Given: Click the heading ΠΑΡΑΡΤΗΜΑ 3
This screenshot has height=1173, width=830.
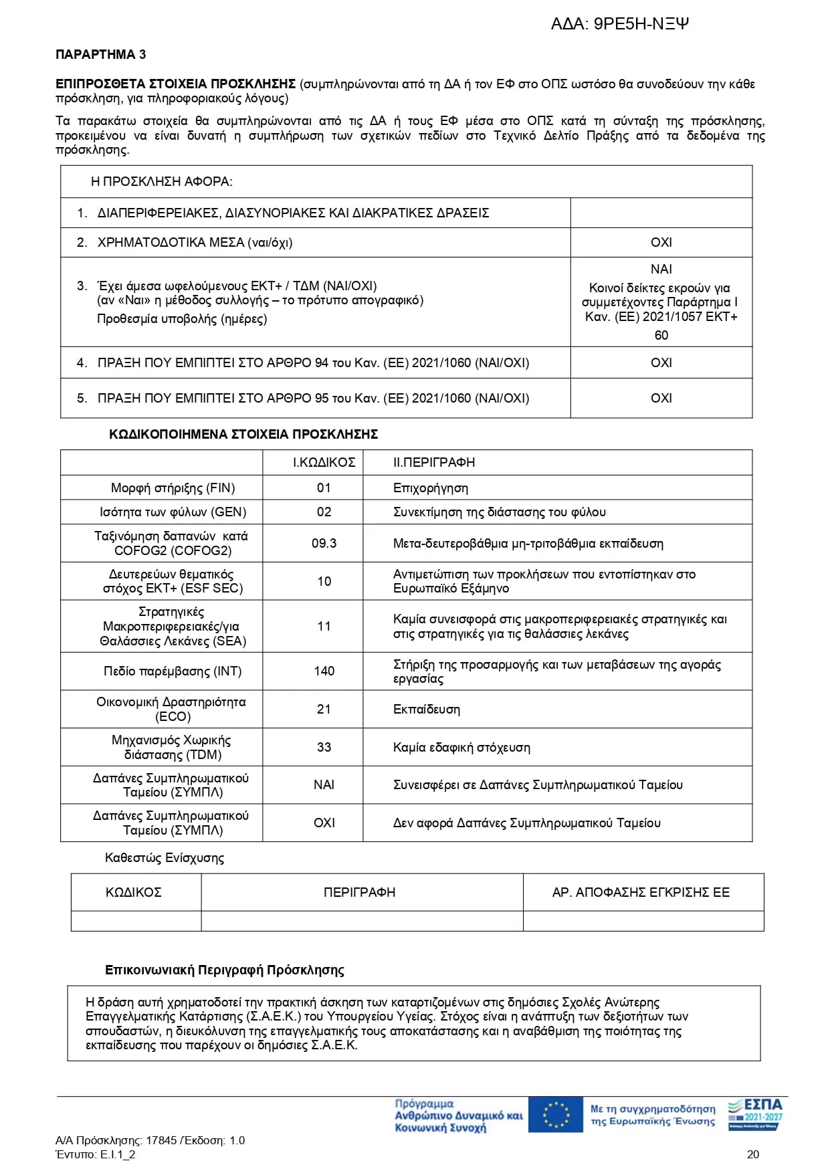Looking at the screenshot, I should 100,55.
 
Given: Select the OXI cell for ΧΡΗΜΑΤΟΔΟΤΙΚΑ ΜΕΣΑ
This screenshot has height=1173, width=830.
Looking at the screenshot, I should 661,243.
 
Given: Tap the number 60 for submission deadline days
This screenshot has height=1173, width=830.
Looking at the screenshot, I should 661,335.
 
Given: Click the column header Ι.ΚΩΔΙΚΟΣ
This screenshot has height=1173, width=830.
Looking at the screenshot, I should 324,462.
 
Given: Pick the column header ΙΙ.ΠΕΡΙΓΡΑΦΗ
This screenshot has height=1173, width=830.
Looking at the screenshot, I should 433,462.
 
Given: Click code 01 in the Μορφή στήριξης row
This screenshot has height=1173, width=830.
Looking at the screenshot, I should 324,488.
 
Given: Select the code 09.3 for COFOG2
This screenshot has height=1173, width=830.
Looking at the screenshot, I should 324,543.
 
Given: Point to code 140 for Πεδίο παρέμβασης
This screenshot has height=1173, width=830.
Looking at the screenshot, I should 324,671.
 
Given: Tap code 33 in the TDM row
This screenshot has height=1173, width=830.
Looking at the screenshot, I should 324,747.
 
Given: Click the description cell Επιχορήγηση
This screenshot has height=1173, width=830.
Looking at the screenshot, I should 430,488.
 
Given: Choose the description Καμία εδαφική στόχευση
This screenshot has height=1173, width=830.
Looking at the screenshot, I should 461,748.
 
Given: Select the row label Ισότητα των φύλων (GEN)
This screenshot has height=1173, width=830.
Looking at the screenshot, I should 173,512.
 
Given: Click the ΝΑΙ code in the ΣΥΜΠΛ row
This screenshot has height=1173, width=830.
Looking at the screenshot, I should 324,784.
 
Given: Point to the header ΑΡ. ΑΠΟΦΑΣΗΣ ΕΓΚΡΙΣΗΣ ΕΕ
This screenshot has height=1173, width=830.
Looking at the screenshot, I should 641,892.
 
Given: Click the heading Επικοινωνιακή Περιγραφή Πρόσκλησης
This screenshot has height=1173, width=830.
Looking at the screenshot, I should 224,970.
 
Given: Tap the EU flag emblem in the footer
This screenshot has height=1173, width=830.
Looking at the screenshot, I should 555,1115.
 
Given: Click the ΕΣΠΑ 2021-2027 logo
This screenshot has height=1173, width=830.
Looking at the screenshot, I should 754,1113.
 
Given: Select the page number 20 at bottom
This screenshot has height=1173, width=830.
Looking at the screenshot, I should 752,1154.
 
